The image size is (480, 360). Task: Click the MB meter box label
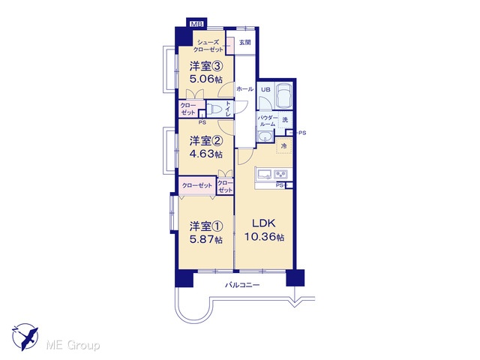[196, 23]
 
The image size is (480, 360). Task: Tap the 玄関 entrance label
[245, 43]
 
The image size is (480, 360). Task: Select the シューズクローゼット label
[208, 46]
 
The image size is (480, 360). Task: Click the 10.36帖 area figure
[264, 237]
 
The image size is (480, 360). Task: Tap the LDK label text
[264, 223]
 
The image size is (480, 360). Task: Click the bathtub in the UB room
[284, 95]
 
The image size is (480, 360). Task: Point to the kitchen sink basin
[265, 175]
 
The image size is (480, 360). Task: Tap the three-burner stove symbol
[280, 175]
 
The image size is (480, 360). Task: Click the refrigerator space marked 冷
[284, 146]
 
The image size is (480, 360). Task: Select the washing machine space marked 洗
[285, 120]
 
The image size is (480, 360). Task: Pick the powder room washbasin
[265, 136]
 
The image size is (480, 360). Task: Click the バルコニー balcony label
[242, 285]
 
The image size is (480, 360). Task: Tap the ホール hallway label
[245, 89]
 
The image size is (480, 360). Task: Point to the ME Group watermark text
[73, 345]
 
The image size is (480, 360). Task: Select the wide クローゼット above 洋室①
[196, 185]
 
